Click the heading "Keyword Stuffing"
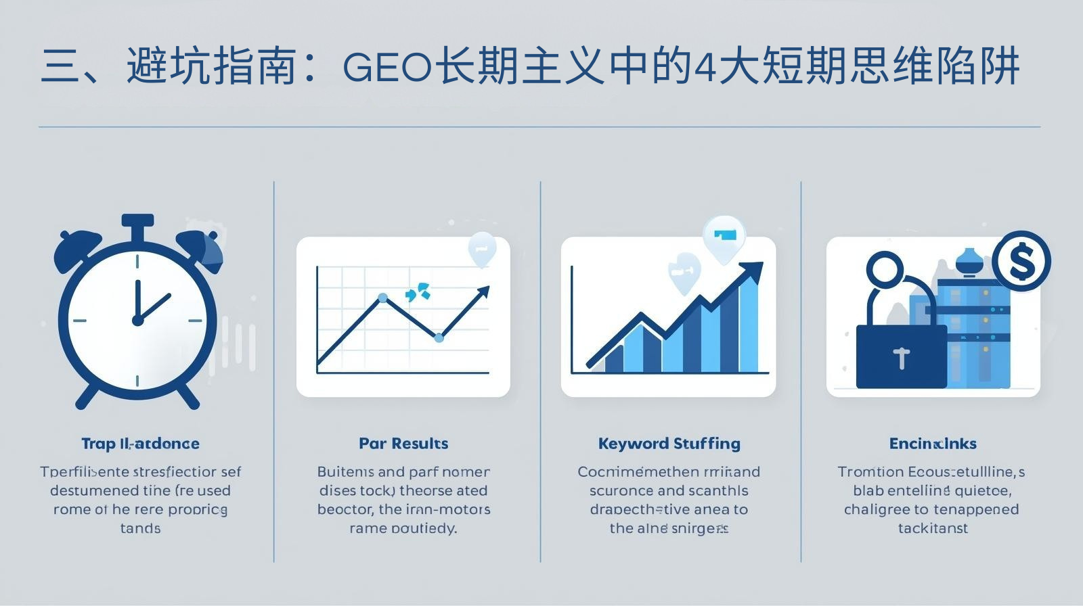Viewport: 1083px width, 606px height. pyautogui.click(x=669, y=444)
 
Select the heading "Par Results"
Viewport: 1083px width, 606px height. pyautogui.click(x=403, y=444)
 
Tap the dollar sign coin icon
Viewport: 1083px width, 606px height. pyautogui.click(x=1021, y=261)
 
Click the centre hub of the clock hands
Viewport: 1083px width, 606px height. pyautogui.click(x=137, y=320)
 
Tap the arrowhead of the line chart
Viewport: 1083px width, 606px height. pyautogui.click(x=483, y=292)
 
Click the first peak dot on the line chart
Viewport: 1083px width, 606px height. pyautogui.click(x=382, y=298)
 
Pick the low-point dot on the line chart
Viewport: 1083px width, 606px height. pyautogui.click(x=439, y=337)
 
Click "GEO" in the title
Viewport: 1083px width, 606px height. pyautogui.click(x=387, y=68)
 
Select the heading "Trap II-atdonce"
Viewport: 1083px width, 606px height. pyautogui.click(x=140, y=444)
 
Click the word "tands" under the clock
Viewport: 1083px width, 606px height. pyautogui.click(x=140, y=528)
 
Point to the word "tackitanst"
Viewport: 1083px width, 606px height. pyautogui.click(x=933, y=528)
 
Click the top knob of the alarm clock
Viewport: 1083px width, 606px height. pyautogui.click(x=137, y=222)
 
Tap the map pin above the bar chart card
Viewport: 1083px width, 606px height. pyautogui.click(x=724, y=237)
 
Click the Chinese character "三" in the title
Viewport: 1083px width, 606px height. pyautogui.click(x=61, y=68)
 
